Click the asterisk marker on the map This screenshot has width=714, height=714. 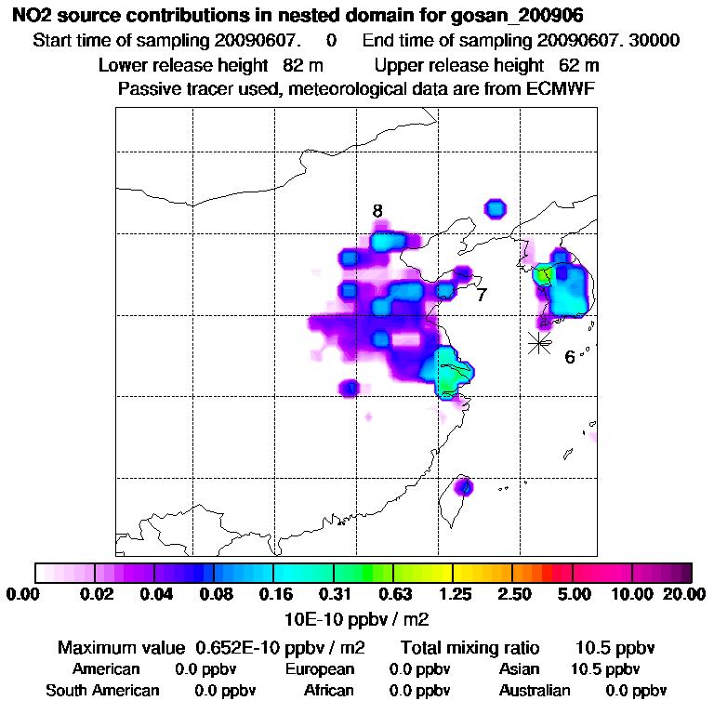click(x=538, y=342)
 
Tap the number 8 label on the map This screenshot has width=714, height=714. click(x=377, y=211)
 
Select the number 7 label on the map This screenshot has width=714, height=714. click(x=481, y=296)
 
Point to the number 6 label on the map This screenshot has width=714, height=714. click(x=570, y=357)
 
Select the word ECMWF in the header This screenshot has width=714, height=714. click(x=561, y=89)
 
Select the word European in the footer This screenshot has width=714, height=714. click(x=320, y=669)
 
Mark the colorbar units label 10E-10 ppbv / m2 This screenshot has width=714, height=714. click(x=357, y=618)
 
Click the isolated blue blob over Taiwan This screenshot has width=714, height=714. click(x=464, y=485)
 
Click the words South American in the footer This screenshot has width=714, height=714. click(x=102, y=691)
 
